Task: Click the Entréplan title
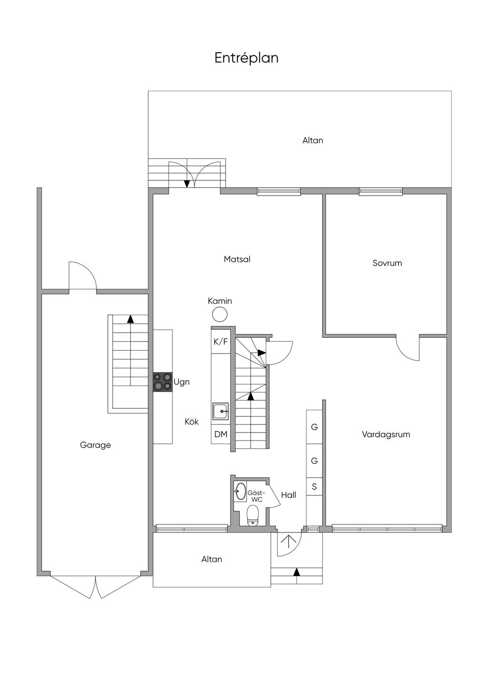[246, 59]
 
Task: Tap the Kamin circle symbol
[220, 315]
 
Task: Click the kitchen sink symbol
[220, 411]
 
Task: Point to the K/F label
[221, 342]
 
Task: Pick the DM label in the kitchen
[221, 434]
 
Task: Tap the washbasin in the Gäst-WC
[240, 491]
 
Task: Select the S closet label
[314, 487]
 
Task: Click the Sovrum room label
[387, 263]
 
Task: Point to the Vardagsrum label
[386, 434]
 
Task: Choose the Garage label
[95, 445]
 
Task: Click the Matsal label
[237, 259]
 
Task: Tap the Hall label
[288, 494]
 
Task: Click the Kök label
[192, 422]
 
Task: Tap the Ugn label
[182, 383]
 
